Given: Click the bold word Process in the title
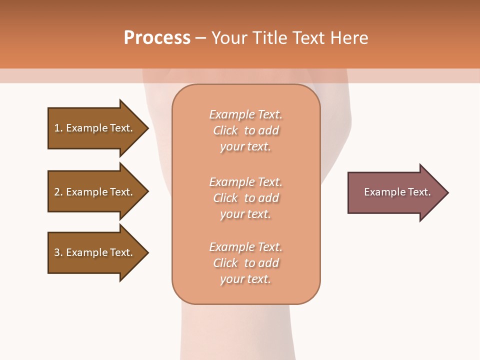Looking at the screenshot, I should click(x=157, y=38).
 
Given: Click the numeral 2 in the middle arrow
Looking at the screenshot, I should click(x=57, y=192).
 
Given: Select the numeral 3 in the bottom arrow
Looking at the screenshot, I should click(x=57, y=252).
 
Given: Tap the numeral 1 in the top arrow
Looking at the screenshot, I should click(x=57, y=128).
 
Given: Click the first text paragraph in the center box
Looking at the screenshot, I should click(x=245, y=130).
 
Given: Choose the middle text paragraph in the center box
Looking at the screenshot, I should click(x=245, y=198).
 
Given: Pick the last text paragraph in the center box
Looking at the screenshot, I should click(x=245, y=263).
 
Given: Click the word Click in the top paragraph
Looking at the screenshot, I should click(x=225, y=130).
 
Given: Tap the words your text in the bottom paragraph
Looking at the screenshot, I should click(x=245, y=279).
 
